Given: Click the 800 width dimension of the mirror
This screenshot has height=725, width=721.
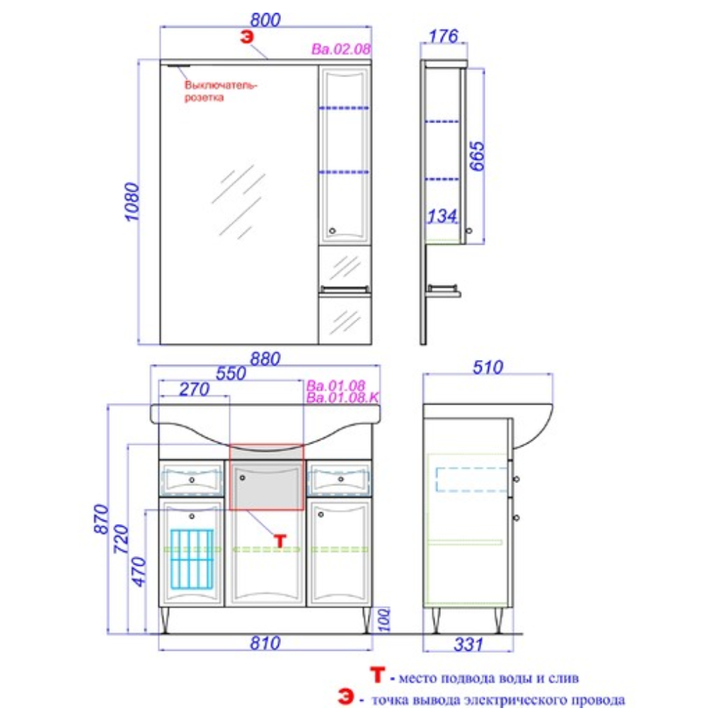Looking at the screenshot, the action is pos(265,20).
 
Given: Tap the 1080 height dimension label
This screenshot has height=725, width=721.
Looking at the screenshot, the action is pos(132,202).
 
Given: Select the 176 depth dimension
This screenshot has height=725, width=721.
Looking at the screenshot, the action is pos(444,36).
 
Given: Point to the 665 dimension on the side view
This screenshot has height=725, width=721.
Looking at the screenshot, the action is pos(478,156).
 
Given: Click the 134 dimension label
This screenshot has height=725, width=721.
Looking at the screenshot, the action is pos(442,216).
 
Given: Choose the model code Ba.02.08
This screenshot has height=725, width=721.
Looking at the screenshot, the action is pos(341,49).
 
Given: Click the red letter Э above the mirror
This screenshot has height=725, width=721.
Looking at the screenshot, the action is pos(248,37).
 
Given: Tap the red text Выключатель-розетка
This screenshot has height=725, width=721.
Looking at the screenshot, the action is pos(220,91).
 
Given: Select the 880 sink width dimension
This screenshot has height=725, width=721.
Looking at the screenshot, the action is pos(265,359).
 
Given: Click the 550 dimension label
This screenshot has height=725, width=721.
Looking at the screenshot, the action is pos(231,373).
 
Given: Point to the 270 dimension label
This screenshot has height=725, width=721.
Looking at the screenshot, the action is pos(195,389).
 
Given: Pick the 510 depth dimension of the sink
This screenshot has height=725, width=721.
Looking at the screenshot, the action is pos(488,368).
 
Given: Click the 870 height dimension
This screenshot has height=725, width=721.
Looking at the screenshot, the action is pos(101,518).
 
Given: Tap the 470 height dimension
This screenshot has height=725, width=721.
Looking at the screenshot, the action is pos(139,572).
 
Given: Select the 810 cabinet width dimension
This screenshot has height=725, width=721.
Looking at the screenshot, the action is pos(265,643).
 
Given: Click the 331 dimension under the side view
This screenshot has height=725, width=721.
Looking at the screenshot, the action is pos(468,644).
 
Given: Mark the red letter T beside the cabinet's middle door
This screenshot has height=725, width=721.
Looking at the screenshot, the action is pos(280,540).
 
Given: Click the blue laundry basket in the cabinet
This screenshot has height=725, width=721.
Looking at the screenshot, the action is pos(192,559).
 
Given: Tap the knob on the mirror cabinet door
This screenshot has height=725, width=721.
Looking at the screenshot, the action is pos(332,231).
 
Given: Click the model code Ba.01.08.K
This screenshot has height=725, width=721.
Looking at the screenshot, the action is pos(342,398).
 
